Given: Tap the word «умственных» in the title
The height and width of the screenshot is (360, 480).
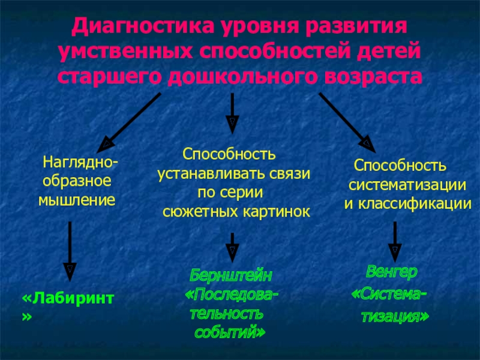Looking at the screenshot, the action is (x=123, y=53).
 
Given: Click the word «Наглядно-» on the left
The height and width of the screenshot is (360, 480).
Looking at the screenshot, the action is (x=79, y=163).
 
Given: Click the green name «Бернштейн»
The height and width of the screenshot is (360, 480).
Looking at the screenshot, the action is (x=231, y=275).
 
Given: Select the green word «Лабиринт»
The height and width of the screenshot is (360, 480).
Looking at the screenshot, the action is (x=71, y=298).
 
